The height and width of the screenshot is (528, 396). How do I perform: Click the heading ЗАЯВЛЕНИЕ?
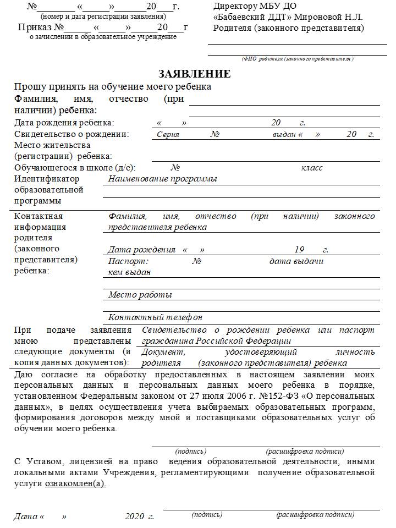click(x=195, y=74)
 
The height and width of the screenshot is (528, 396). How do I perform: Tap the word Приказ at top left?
click(x=35, y=28)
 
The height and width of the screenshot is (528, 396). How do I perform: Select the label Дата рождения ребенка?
click(x=64, y=123)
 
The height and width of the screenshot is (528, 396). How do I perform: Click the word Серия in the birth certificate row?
click(x=168, y=134)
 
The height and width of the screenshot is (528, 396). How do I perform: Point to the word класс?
click(x=312, y=168)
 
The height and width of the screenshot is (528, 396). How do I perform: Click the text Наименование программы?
click(x=162, y=179)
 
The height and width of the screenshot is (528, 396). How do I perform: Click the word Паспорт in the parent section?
click(x=128, y=261)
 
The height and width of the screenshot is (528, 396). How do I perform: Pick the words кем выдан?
click(x=129, y=272)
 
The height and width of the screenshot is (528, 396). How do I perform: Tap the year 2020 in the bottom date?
click(x=134, y=516)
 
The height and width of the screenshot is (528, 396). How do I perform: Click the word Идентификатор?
click(x=47, y=179)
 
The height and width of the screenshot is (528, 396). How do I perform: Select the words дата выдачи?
click(x=296, y=261)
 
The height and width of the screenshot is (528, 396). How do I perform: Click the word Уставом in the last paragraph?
click(x=40, y=461)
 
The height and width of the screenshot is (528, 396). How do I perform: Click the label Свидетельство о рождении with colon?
click(x=71, y=134)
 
